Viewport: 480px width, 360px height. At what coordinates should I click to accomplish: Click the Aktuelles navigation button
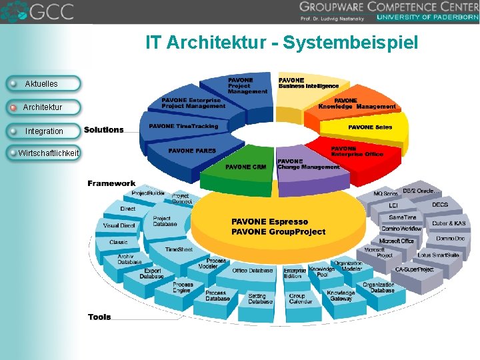[43, 84]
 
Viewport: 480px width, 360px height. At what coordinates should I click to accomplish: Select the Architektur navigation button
[43, 107]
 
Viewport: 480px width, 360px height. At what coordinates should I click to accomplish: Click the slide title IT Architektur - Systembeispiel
[282, 44]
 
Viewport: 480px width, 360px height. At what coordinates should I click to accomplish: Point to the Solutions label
[103, 130]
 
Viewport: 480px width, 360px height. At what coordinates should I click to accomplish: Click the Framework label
[111, 183]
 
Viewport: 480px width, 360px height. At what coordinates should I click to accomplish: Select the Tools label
[99, 317]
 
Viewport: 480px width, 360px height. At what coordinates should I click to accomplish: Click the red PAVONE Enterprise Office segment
[357, 151]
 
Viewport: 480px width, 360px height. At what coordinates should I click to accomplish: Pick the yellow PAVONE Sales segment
[370, 127]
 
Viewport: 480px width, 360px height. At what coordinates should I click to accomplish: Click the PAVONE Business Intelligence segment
[308, 83]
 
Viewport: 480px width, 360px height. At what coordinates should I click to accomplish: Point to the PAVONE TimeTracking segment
[183, 127]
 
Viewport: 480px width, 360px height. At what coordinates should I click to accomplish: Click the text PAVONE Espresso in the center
[269, 221]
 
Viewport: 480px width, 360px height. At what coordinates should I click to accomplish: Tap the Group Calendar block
[300, 299]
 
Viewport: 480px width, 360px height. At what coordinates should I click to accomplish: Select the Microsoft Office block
[397, 241]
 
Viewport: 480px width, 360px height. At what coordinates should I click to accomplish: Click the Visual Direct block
[119, 226]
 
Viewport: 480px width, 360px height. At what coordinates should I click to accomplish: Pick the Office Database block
[253, 271]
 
